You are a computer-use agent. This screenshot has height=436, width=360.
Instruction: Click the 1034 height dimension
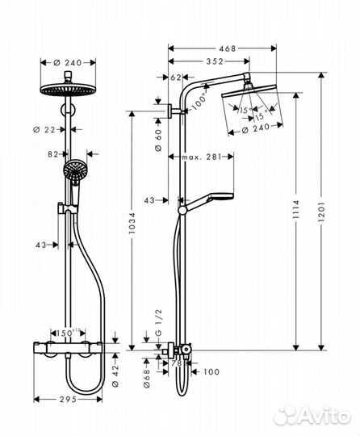pyautogui.click(x=132, y=231)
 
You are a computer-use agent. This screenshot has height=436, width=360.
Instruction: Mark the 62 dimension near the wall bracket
pyautogui.click(x=177, y=78)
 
